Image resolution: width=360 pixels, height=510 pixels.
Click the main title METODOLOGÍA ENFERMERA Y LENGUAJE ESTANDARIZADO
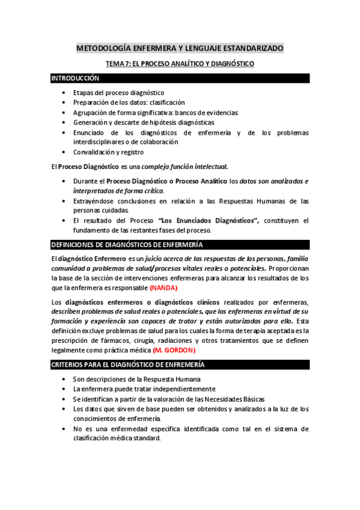(x=180, y=48)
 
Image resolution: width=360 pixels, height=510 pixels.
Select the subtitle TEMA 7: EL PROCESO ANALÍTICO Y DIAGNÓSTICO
(x=180, y=63)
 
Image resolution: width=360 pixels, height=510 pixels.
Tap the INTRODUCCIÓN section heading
(x=75, y=79)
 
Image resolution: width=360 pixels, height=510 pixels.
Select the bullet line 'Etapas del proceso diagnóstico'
(x=118, y=93)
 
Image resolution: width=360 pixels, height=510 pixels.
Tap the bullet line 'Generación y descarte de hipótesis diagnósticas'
(x=143, y=122)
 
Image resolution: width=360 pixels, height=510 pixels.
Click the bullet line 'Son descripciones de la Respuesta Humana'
(x=136, y=379)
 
